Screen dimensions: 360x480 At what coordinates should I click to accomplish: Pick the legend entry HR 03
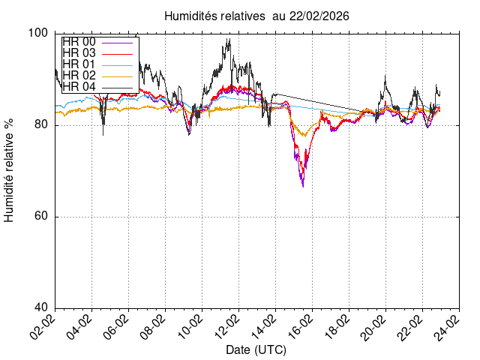point(79,54)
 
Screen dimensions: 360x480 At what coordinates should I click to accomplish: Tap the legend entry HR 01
point(79,65)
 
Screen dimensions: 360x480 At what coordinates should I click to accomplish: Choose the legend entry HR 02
point(79,76)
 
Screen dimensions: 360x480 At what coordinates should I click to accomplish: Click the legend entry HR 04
point(79,87)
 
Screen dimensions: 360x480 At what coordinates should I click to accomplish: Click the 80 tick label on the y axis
point(42,125)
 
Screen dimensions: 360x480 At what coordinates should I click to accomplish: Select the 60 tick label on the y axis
point(42,217)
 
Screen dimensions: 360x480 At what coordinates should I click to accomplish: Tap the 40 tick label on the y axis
point(42,308)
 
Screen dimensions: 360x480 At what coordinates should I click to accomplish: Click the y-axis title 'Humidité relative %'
point(10,170)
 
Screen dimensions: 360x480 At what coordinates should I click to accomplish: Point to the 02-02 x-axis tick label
point(45,326)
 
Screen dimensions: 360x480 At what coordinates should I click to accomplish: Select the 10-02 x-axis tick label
point(191,326)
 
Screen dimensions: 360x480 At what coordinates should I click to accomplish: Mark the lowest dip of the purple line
point(303,185)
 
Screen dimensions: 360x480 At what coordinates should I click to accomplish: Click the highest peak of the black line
point(228,39)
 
